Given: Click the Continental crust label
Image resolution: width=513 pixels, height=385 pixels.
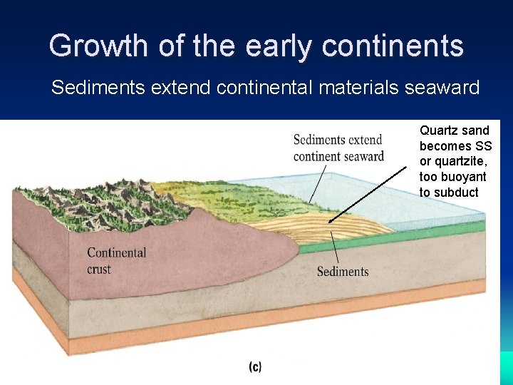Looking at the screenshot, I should click(116, 260).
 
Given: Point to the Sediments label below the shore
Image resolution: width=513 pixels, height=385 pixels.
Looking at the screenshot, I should click(343, 272).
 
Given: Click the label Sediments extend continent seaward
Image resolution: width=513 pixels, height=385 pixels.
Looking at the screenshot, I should click(338, 148).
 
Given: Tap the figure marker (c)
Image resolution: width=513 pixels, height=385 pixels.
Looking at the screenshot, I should click(255, 367).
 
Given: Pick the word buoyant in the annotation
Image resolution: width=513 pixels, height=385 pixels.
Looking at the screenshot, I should click(463, 177).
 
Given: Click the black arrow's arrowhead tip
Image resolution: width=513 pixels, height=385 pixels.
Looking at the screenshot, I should click(330, 222).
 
